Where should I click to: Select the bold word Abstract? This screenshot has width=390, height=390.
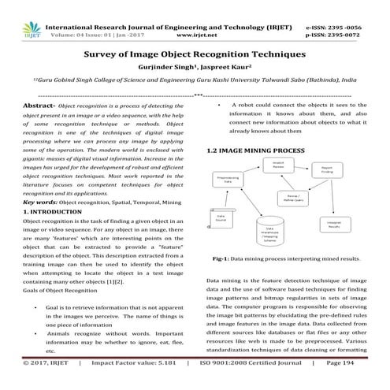click(37, 105)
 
